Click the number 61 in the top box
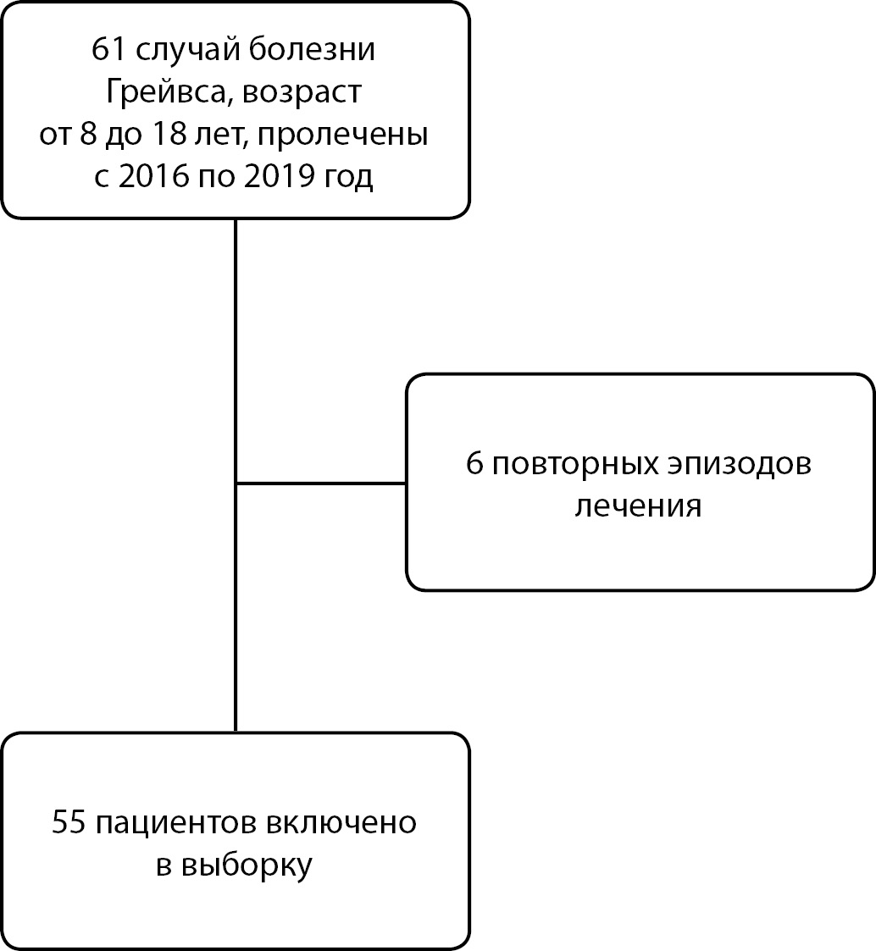pyautogui.click(x=108, y=49)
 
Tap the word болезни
pyautogui.click(x=312, y=50)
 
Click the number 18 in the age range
pyautogui.click(x=169, y=134)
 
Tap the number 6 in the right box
pyautogui.click(x=474, y=464)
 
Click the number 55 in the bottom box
pyautogui.click(x=69, y=822)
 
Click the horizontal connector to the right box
pyautogui.click(x=321, y=484)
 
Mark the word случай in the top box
pyautogui.click(x=186, y=50)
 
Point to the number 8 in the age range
pyautogui.click(x=89, y=134)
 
